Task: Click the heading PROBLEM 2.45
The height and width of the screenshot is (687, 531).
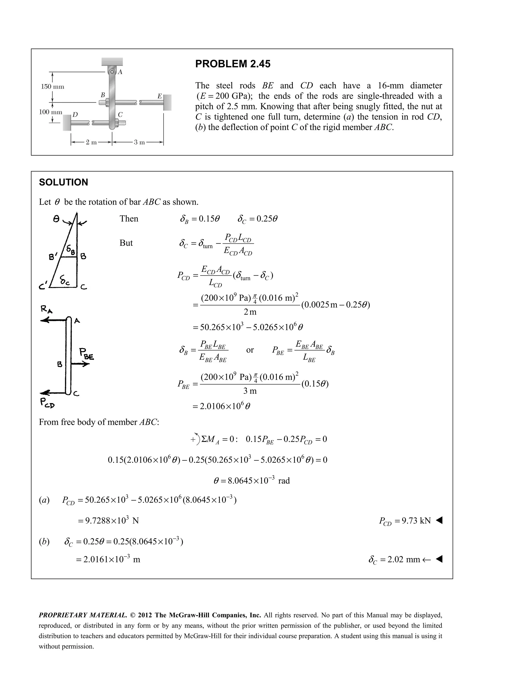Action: coord(233,64)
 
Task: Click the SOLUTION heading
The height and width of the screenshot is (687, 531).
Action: coord(63,183)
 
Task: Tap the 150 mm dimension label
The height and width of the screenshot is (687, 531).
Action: coord(53,87)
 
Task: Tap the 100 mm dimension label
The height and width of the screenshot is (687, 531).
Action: coord(50,112)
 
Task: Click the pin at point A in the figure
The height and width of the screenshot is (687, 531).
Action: coord(112,72)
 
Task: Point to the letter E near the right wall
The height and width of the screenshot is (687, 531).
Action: coord(159,96)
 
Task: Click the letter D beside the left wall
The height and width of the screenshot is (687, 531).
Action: coord(75,115)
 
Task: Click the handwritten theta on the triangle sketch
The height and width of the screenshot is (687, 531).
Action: coord(56,219)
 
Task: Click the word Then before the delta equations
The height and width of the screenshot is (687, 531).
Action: coord(129,219)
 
